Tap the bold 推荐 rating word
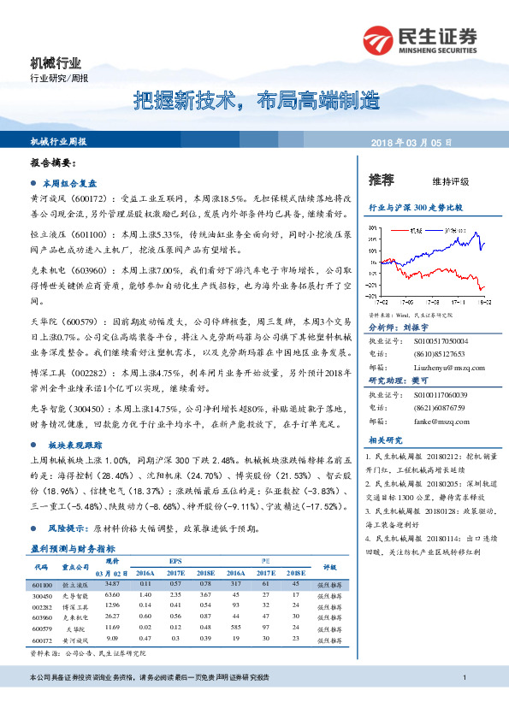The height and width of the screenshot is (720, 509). (x=382, y=180)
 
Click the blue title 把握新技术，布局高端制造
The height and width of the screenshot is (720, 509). (x=256, y=102)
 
